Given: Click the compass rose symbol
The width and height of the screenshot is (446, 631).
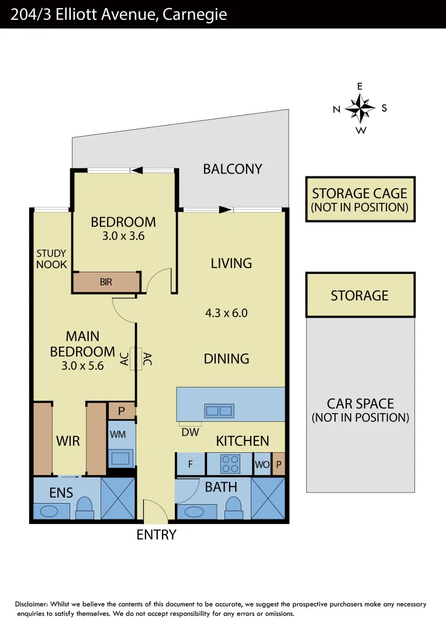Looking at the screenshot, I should click(359, 108).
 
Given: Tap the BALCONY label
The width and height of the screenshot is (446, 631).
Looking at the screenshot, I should click(232, 169).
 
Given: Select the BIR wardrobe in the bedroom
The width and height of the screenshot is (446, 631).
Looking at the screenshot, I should click(106, 282).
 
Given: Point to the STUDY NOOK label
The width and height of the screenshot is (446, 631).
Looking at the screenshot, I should click(51, 259).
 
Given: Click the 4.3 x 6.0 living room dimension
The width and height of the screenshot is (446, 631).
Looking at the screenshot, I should click(226, 313).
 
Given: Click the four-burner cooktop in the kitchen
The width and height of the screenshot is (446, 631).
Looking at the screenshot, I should click(230, 464).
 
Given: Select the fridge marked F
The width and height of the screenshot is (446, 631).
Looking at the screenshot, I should click(191, 464).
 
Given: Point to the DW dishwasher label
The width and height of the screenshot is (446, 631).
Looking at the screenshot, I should click(191, 432).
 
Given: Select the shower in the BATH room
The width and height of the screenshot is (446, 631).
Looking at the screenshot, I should click(268, 498).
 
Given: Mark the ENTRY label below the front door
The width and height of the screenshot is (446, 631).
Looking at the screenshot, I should click(156, 534).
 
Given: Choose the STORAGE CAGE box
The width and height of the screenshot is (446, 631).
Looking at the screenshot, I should click(359, 199).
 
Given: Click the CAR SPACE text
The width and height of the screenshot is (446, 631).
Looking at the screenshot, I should click(359, 404).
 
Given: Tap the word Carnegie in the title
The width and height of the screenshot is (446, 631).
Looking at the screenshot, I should click(195, 15).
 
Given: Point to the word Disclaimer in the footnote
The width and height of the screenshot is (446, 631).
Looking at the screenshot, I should click(31, 604).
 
